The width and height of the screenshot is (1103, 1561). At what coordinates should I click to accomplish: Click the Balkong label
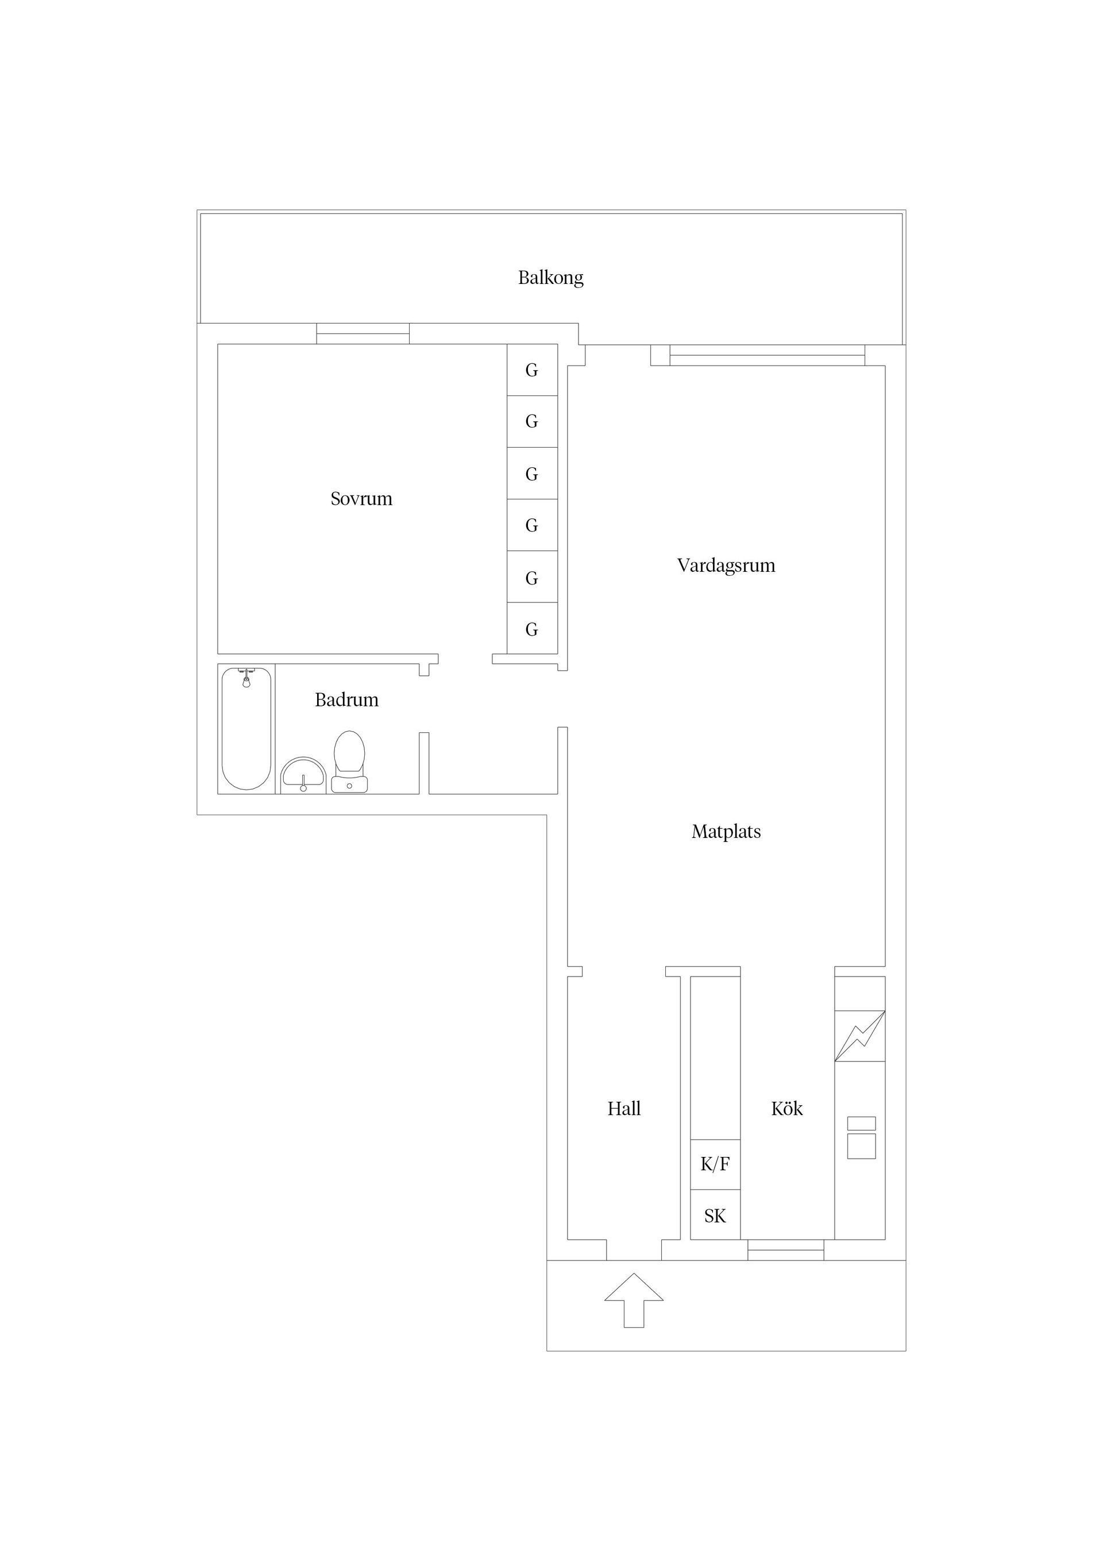tap(550, 278)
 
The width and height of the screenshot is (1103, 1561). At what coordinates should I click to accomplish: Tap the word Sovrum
tap(361, 499)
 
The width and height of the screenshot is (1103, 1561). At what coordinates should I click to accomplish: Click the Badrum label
tap(346, 699)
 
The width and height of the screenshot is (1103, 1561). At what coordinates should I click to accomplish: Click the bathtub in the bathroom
tap(246, 729)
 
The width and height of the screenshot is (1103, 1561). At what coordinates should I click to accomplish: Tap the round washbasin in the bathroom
tap(303, 775)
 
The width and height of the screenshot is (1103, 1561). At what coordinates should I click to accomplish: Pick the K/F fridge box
tap(715, 1164)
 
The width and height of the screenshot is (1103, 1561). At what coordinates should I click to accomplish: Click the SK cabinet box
tap(715, 1216)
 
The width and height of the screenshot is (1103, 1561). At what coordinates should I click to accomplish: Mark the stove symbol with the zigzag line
tap(859, 1036)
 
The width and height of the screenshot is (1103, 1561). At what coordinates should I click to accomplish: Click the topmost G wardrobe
tap(532, 370)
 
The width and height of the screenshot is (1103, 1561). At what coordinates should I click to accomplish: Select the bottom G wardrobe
tap(532, 629)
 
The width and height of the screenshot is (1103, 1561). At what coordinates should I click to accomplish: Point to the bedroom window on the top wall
tap(363, 334)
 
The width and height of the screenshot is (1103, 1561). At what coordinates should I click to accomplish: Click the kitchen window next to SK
tap(786, 1250)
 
